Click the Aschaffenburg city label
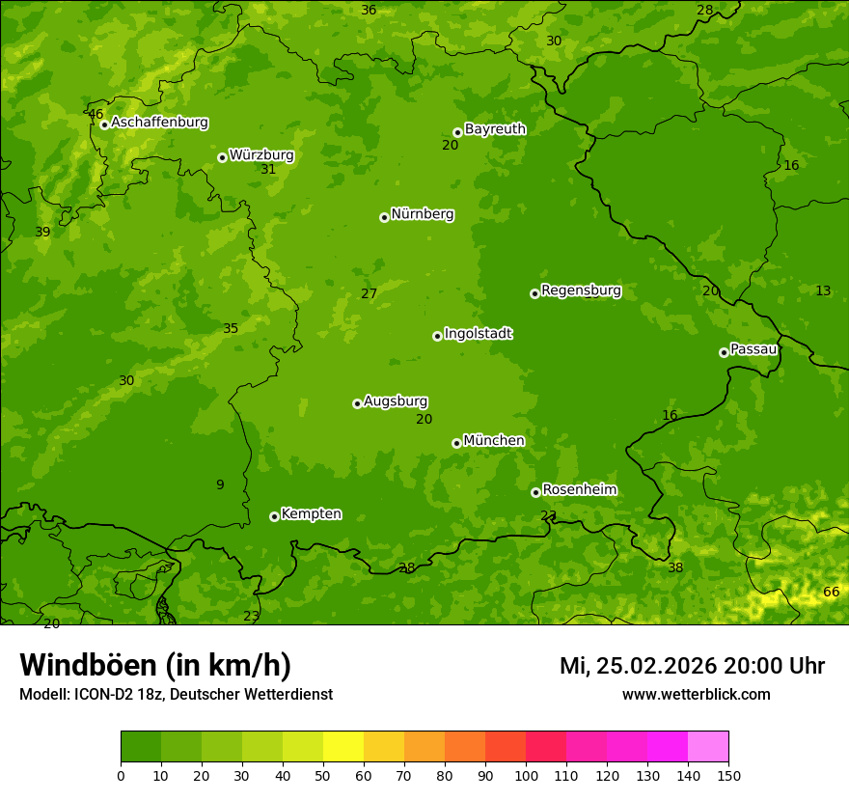tap(159, 123)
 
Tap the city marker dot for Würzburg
tap(222, 157)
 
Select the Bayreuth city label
tap(495, 129)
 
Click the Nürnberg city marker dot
tap(384, 217)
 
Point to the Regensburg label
tap(581, 290)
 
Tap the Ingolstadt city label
tap(478, 334)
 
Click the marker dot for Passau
tap(724, 352)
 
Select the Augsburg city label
tap(396, 401)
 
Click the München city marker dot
tap(456, 443)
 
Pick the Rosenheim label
tap(579, 490)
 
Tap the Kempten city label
tap(311, 514)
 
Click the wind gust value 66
tap(831, 592)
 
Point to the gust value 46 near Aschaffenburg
tap(96, 114)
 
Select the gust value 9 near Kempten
tap(220, 484)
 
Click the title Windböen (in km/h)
tap(155, 665)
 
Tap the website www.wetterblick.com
tap(696, 694)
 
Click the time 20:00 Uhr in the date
tap(774, 666)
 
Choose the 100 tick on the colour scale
tap(526, 775)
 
